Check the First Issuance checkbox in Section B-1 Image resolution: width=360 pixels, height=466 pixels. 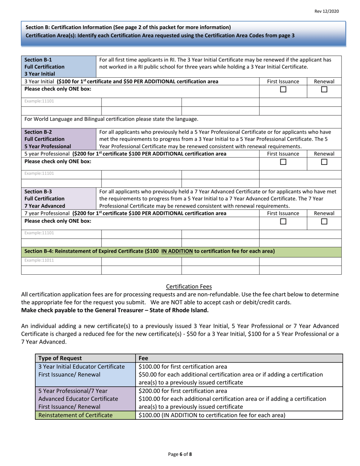pyautogui.click(x=283, y=90)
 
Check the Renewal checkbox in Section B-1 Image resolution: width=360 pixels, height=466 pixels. pyautogui.click(x=324, y=90)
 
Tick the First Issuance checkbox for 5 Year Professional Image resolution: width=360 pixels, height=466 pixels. pyautogui.click(x=283, y=162)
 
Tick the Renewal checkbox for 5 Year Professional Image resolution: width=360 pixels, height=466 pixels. pyautogui.click(x=324, y=162)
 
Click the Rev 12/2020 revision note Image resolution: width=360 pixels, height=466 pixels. pyautogui.click(x=327, y=12)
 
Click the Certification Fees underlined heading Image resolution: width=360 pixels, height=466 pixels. pyautogui.click(x=189, y=287)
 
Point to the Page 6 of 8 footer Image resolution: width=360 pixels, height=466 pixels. pyautogui.click(x=180, y=454)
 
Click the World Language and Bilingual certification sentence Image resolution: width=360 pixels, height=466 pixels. pyautogui.click(x=111, y=119)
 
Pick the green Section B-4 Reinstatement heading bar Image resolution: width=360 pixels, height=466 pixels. pyautogui.click(x=181, y=251)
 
